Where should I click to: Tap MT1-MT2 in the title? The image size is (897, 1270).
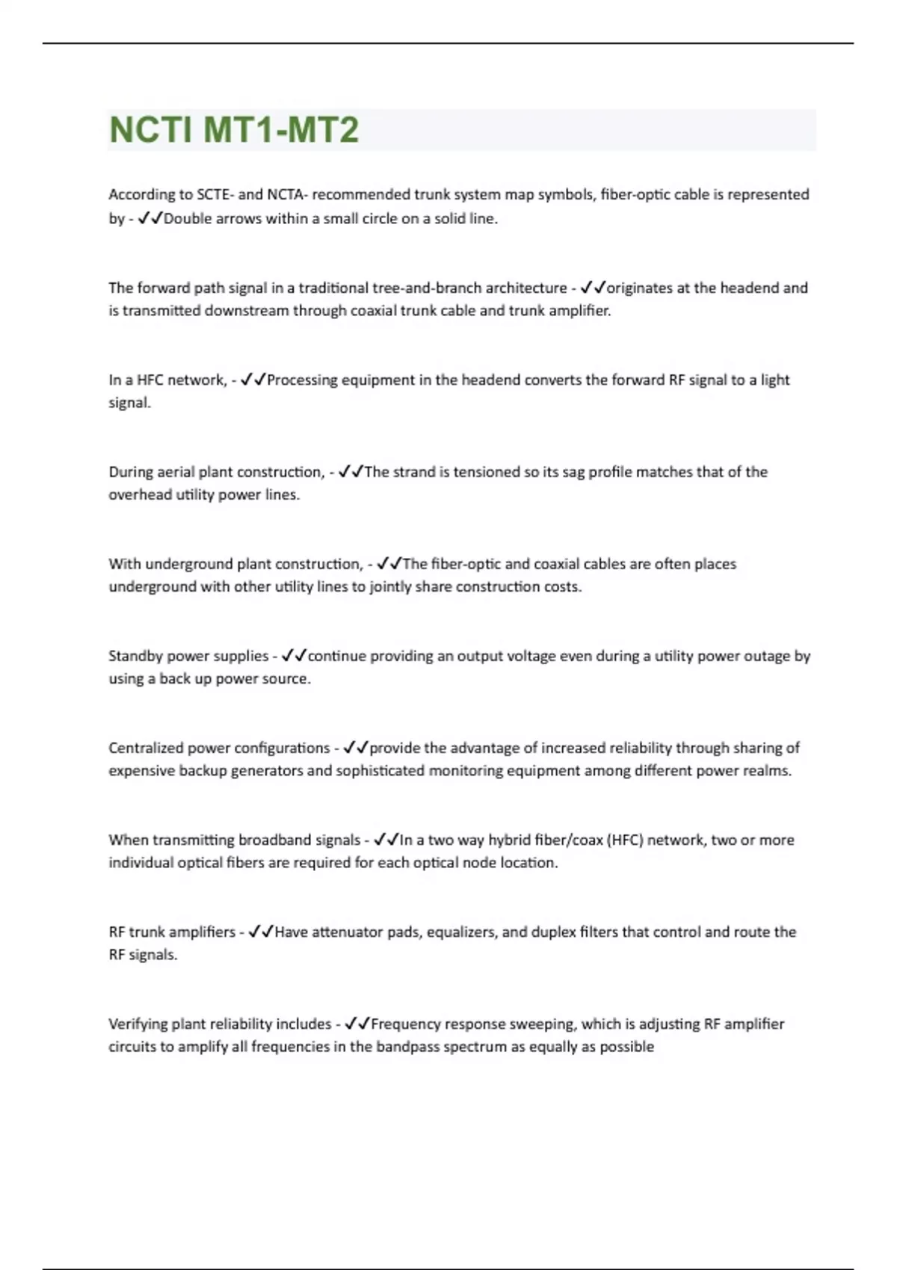(x=281, y=130)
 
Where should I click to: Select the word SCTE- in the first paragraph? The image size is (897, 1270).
(x=215, y=195)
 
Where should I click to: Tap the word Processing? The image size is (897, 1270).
(x=302, y=380)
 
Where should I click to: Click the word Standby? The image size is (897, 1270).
(x=135, y=657)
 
